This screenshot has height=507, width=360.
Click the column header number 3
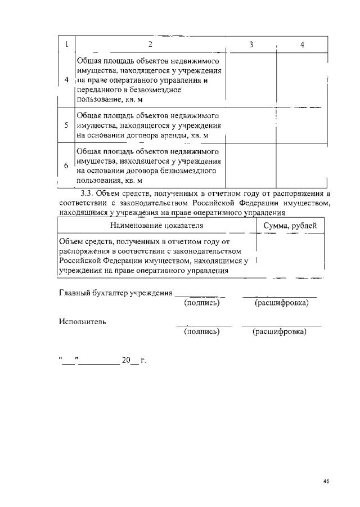250,44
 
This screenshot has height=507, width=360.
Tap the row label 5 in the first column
66,125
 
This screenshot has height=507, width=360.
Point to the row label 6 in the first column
66,166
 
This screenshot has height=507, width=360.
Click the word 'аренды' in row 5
175,136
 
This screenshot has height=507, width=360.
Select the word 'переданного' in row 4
100,90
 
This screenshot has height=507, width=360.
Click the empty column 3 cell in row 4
250,79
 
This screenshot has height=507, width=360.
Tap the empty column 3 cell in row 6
250,166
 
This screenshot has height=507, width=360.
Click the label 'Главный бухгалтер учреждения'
115,293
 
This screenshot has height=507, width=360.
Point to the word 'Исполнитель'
82,322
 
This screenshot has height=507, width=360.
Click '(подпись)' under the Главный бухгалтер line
201,303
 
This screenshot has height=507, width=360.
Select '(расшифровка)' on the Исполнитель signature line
280,332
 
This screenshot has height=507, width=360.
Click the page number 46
326,481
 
